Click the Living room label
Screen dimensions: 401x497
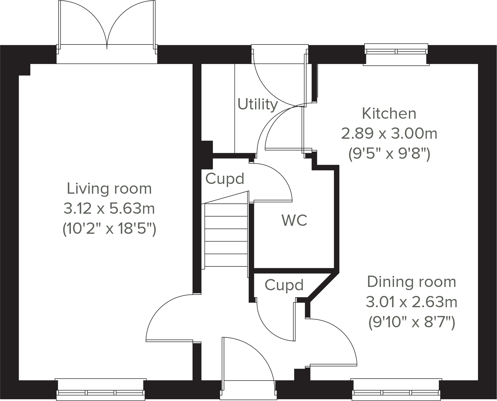[109, 189]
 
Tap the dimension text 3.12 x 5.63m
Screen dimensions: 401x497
[109, 209]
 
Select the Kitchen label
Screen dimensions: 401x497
[389, 114]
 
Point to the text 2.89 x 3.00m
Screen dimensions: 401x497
[389, 134]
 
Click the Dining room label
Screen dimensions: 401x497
[411, 282]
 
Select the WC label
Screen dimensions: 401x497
[294, 220]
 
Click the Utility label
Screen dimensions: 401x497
[258, 105]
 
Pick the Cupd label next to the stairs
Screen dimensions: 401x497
[224, 179]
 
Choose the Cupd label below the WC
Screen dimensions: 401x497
[284, 285]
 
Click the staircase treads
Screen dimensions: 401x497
[226, 235]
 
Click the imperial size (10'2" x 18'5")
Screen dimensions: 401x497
[109, 229]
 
